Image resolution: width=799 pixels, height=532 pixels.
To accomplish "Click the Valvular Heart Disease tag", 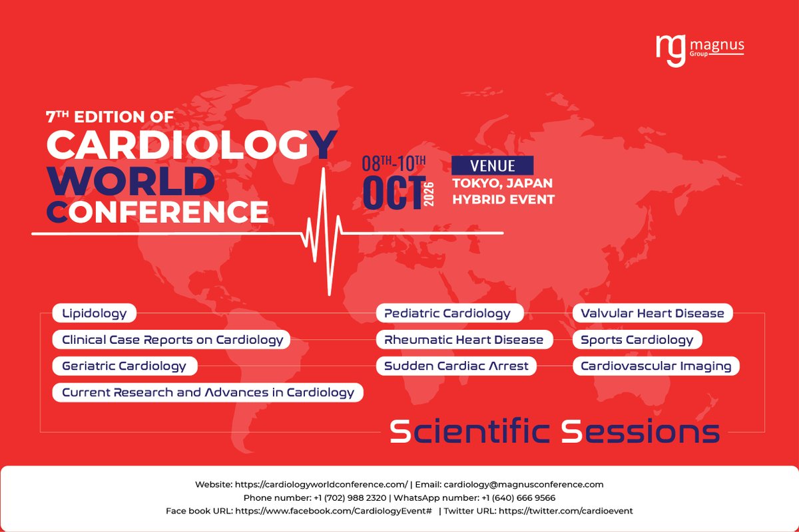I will pos(653,313).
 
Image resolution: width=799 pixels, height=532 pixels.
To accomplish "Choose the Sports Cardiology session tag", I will pos(637,340).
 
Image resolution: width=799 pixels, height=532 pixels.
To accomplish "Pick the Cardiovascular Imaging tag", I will pos(656,366).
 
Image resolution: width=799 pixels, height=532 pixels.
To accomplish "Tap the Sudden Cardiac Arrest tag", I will pos(456,366).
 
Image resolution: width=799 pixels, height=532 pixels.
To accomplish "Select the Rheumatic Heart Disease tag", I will pos(464,340).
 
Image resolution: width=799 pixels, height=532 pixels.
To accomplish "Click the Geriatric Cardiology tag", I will pos(124,366).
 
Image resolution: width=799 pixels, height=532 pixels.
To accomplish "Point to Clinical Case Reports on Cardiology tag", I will pos(172,340).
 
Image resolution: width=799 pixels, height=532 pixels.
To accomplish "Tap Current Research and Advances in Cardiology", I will pos(208,392).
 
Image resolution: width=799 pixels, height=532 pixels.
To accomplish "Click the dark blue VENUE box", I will pos(493,166).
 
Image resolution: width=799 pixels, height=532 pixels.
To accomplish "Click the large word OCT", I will pos(393,192).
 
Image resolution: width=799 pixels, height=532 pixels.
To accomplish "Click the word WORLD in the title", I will pos(130,180).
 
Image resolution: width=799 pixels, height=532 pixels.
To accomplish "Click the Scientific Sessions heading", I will pos(554,432).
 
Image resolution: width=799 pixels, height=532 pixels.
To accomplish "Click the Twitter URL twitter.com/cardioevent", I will pos(565,511).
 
